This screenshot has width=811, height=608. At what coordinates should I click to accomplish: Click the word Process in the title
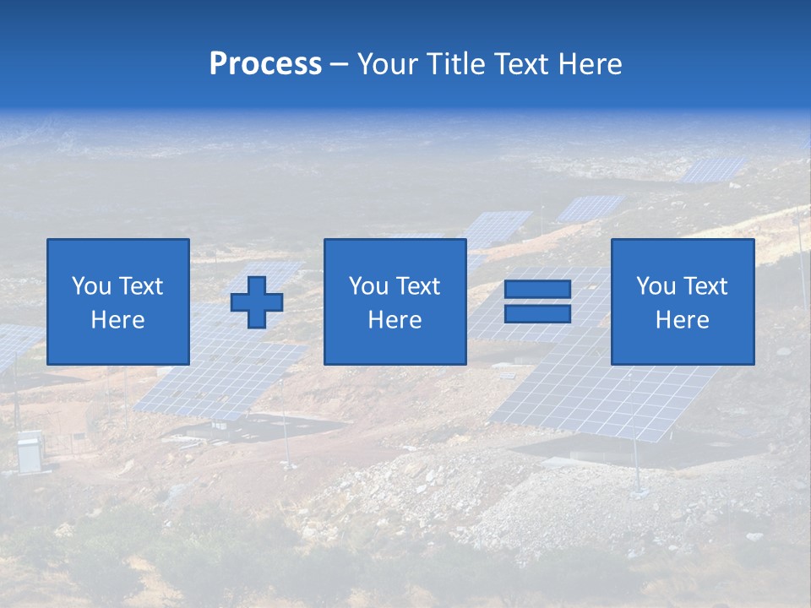coord(265,64)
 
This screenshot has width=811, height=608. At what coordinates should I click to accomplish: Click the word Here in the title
coord(591,64)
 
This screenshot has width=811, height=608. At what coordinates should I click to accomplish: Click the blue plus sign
coord(257,302)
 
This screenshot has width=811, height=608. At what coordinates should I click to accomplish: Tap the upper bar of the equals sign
coord(537,290)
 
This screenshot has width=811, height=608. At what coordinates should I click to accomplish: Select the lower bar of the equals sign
coord(537,313)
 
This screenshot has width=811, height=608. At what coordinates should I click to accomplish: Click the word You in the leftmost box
coord(91,286)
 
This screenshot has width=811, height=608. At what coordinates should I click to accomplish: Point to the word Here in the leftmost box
coord(117,320)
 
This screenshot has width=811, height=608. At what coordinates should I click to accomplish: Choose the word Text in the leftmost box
coord(140,286)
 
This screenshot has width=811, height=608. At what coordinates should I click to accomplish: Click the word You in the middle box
coord(368,286)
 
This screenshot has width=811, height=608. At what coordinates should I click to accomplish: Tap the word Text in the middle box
coord(417,286)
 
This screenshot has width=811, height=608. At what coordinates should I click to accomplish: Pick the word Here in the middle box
coord(395,320)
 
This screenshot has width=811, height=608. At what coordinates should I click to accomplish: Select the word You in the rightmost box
coord(656,286)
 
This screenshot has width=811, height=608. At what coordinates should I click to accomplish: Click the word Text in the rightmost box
coord(705,286)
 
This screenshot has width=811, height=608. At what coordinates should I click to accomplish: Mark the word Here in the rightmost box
coord(682,320)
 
